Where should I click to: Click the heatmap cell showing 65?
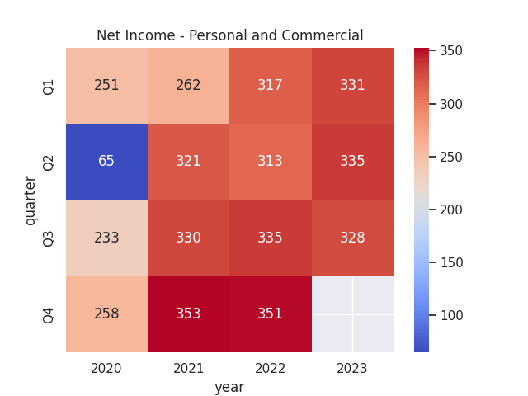point(106,162)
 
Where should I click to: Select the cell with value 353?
point(188,314)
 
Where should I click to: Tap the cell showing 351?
point(270,314)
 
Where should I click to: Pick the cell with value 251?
point(106,86)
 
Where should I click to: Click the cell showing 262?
point(188,86)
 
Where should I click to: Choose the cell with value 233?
point(106,238)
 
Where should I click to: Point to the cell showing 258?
point(106,314)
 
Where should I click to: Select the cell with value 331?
point(352,86)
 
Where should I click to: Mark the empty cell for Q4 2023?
point(352,314)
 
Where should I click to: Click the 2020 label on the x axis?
point(106,368)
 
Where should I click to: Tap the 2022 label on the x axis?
point(270,368)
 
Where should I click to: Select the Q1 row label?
point(49,86)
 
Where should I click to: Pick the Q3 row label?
point(49,238)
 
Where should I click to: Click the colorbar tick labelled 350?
point(451,51)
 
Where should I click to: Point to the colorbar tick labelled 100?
point(451,315)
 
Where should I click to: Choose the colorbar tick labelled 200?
point(451,210)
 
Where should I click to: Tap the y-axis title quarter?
point(31,200)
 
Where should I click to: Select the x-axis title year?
point(229,386)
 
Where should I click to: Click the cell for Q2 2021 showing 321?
point(188,162)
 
